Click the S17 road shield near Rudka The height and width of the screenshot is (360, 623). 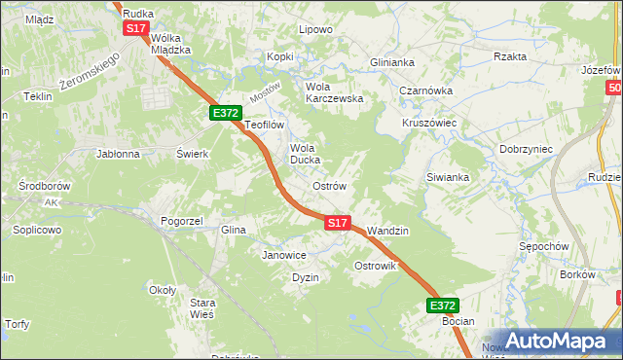[x=135, y=29]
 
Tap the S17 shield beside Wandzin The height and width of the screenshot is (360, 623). [x=337, y=223]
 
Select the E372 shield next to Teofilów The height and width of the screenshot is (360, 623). [x=226, y=113]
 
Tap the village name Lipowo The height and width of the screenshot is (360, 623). [x=315, y=29]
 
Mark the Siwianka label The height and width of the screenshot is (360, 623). [x=448, y=177]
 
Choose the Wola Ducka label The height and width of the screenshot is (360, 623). [x=305, y=154]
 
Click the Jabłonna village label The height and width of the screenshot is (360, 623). [x=118, y=154]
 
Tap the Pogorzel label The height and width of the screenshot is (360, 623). [x=181, y=221]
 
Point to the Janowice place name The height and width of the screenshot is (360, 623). [x=284, y=255]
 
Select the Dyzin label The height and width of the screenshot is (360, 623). [x=306, y=277]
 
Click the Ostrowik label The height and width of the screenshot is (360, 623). [x=375, y=266]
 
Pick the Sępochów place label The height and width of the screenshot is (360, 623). [x=544, y=246]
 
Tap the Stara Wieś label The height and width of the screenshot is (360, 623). [x=202, y=308]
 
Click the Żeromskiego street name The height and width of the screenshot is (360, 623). [x=89, y=73]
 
